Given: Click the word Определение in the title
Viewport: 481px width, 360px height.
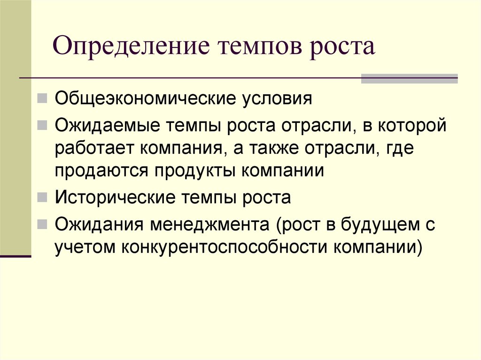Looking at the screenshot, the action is tap(131, 47).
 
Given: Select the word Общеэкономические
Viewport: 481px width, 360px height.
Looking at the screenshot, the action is tap(146, 99).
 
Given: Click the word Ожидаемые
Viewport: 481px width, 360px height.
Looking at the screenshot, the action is tap(108, 126).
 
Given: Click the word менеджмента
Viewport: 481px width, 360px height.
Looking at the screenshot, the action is tap(210, 225).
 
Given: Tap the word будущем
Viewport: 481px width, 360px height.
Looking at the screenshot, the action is tap(379, 225).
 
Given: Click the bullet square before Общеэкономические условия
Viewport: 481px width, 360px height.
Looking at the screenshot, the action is tap(42, 99).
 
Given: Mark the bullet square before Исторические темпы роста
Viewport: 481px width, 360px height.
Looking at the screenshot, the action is tap(42, 197).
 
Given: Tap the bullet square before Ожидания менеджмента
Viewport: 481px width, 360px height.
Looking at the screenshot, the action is tap(42, 224).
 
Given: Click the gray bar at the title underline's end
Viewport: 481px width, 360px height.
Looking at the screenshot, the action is tap(409, 78).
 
